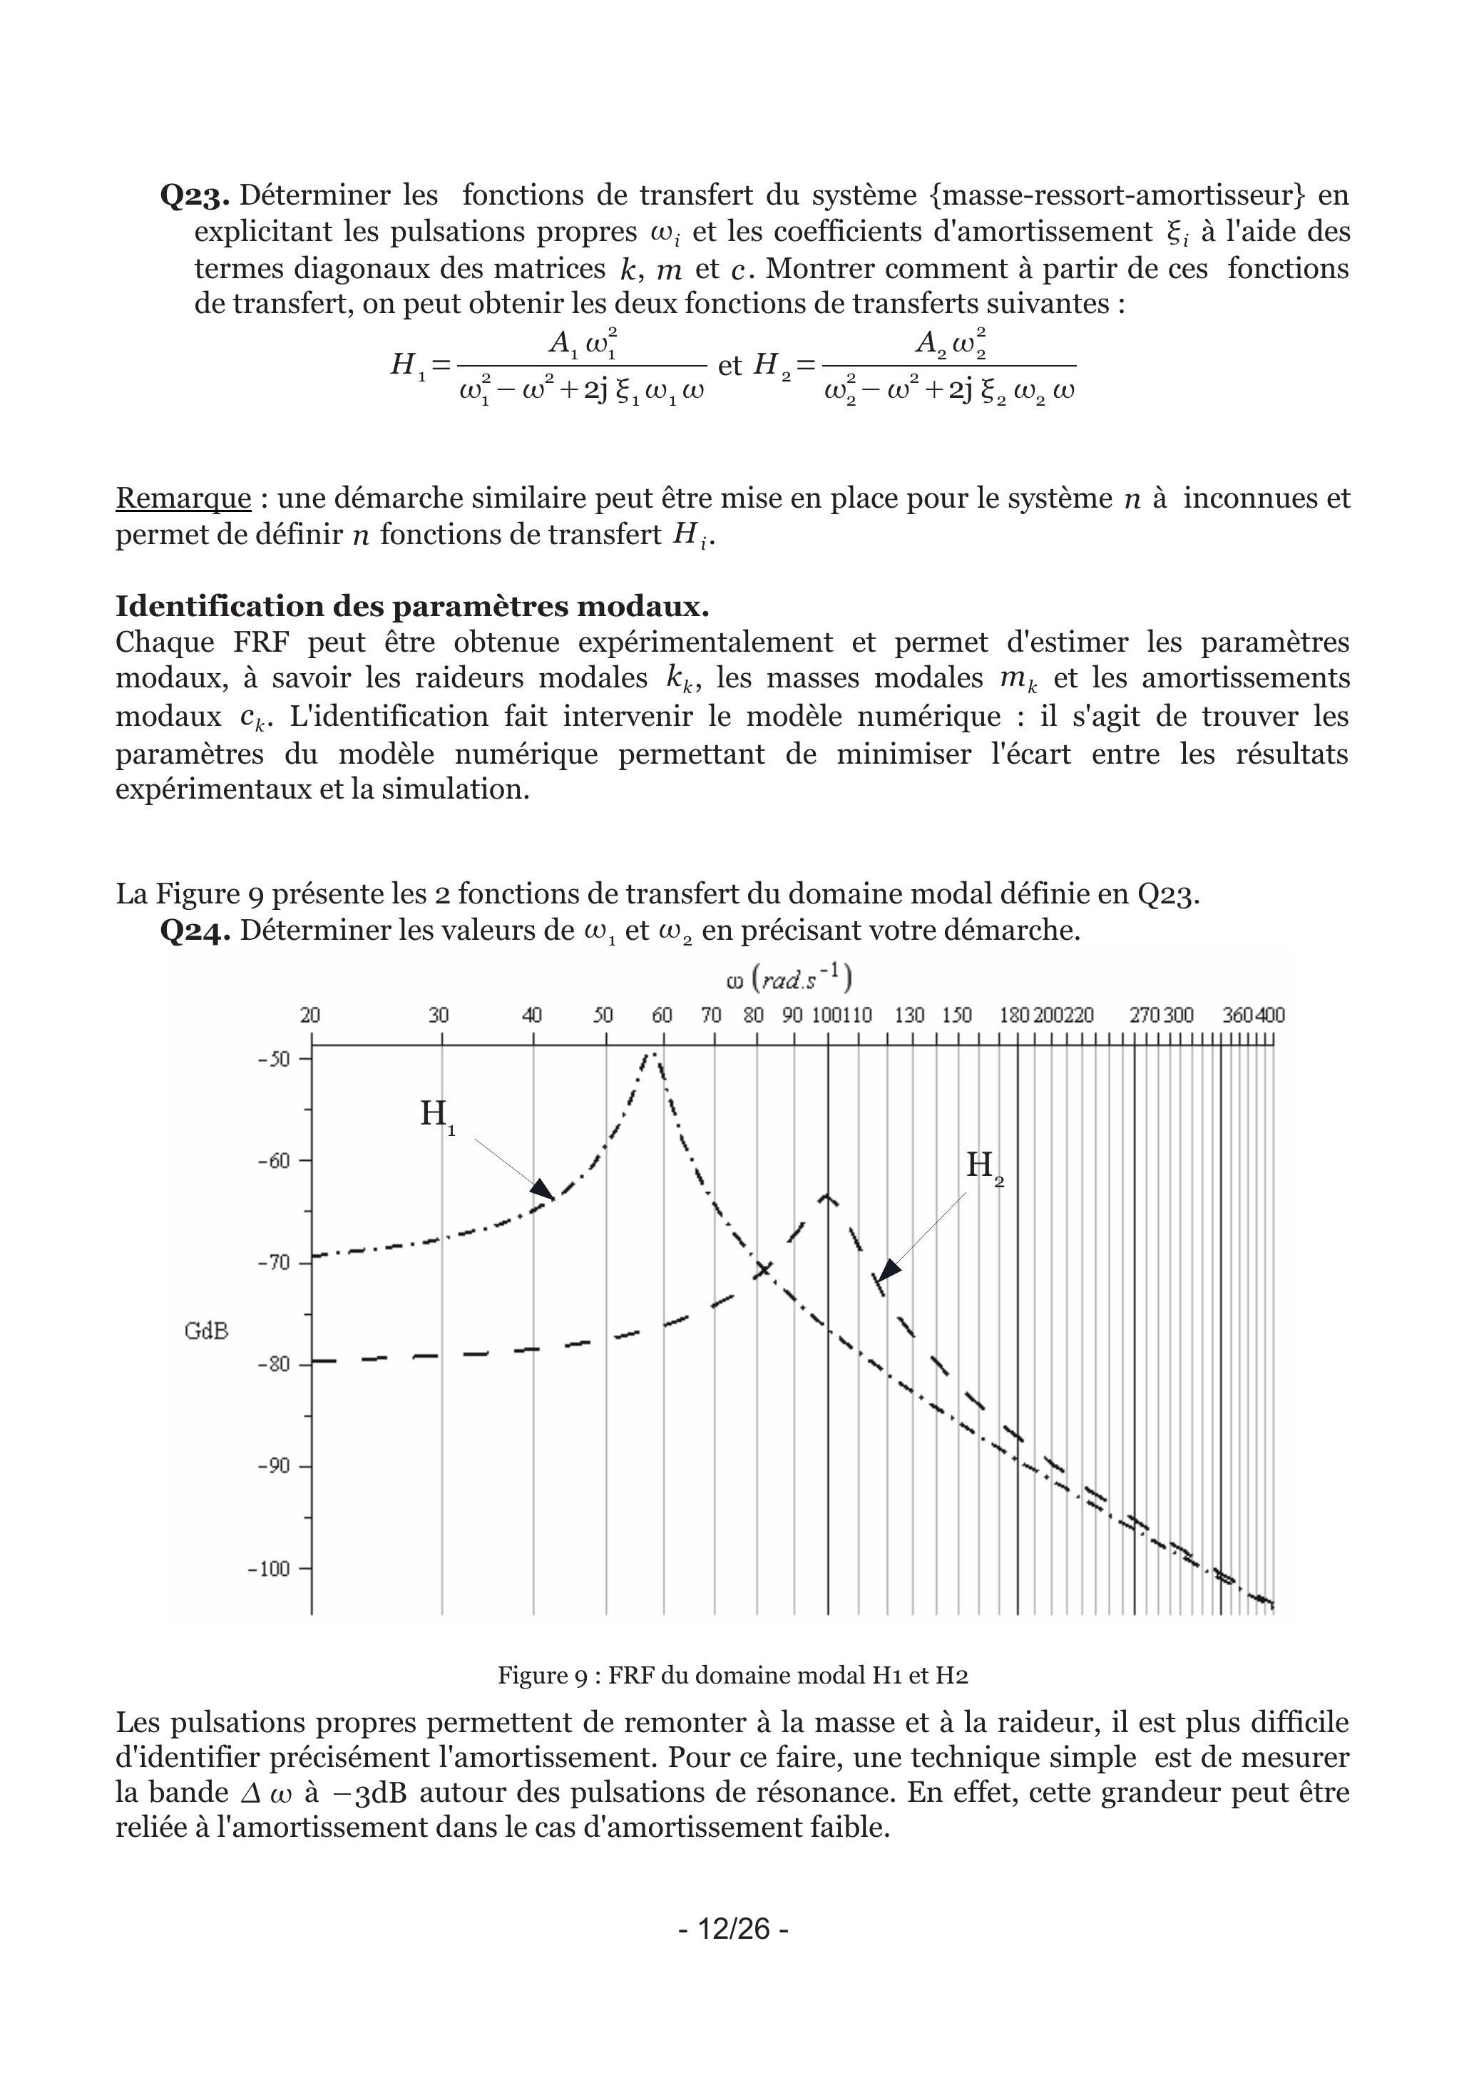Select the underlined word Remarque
click(183, 498)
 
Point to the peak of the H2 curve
click(826, 1197)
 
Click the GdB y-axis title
click(206, 1331)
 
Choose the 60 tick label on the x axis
click(662, 1015)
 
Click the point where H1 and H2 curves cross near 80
click(763, 1269)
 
